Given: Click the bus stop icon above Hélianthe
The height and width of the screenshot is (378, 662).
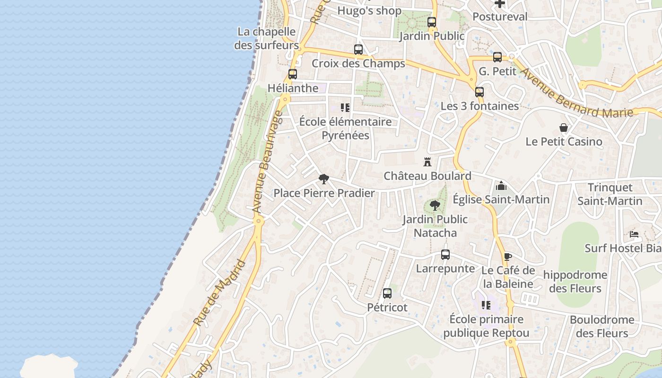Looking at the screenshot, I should click(293, 74).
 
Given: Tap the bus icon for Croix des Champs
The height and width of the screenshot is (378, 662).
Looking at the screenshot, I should click(358, 50).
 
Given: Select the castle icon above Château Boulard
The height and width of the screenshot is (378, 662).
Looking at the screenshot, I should click(427, 162).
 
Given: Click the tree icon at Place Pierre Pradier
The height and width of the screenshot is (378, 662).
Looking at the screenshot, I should click(323, 179).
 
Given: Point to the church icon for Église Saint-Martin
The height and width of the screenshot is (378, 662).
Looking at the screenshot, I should click(501, 186).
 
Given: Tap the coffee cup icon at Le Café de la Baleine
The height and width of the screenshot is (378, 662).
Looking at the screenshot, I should click(507, 257).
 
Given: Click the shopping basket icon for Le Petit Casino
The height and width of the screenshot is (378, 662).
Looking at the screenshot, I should click(564, 128).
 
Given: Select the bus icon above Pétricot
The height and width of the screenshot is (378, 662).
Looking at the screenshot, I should click(387, 293).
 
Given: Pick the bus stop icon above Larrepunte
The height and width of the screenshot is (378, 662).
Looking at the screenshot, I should click(445, 255).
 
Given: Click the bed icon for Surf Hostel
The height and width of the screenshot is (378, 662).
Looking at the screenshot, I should click(634, 234).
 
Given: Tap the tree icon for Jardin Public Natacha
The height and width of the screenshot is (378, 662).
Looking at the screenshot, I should click(435, 206).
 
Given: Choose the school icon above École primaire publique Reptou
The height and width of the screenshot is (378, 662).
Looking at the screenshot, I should click(486, 305).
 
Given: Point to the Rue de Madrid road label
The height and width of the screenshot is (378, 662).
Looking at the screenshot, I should click(220, 293).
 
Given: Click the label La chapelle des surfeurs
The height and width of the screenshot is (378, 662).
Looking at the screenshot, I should click(267, 38).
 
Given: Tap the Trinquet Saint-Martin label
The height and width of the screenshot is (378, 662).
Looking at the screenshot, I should click(610, 194).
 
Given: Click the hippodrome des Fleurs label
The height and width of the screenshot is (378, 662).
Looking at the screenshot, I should click(575, 281).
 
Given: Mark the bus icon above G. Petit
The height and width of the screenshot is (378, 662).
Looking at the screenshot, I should click(497, 57).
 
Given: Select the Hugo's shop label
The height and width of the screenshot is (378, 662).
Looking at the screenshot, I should click(369, 11).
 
